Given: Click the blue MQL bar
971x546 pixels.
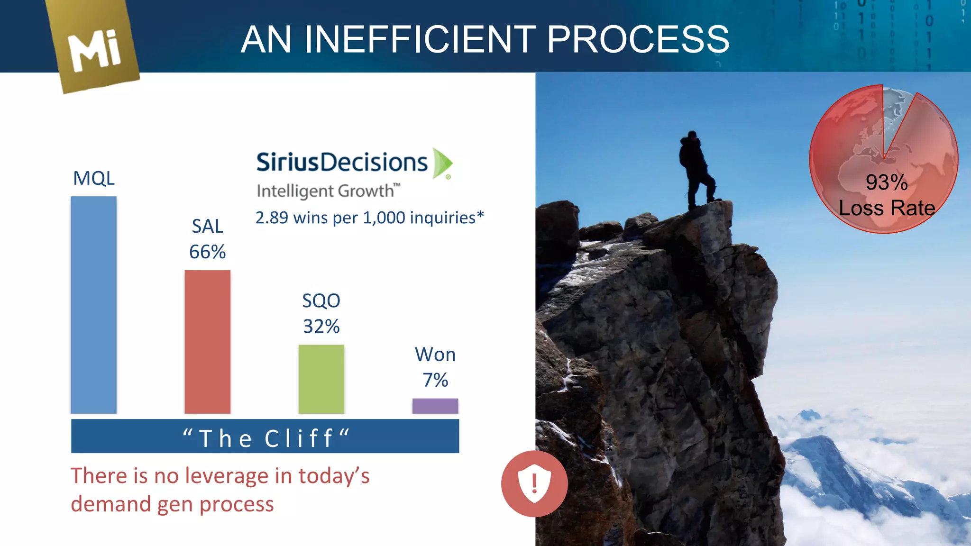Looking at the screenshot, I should [x=93, y=305].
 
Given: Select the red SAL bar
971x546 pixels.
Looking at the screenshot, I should [x=207, y=342].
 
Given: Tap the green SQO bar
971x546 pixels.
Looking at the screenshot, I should [x=321, y=379].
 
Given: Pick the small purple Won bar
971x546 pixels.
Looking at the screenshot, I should [x=435, y=406].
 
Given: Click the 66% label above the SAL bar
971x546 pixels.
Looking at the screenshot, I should [x=207, y=252].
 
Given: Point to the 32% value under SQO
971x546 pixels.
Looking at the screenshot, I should [x=321, y=326].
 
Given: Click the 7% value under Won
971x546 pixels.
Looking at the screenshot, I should [x=435, y=380].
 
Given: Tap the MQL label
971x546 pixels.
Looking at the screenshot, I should [x=93, y=178].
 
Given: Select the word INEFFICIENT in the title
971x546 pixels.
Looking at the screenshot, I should [x=420, y=39].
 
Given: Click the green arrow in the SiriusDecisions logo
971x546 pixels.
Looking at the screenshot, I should [x=442, y=164].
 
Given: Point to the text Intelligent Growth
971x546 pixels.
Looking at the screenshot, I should [x=325, y=191].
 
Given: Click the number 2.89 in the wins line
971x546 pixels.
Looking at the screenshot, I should [x=272, y=218].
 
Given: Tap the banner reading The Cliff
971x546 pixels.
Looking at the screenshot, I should [x=265, y=437].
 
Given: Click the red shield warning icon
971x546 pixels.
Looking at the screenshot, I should [x=534, y=483].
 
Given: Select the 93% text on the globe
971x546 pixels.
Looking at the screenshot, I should [x=886, y=182].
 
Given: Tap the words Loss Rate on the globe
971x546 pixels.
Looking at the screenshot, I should [x=887, y=208].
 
